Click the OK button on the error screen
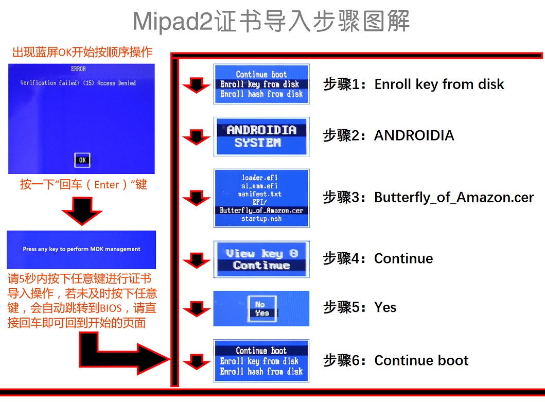82,160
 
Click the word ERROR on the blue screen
78,69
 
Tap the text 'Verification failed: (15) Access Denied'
78,83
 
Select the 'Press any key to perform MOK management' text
81,249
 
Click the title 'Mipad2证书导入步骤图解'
272,22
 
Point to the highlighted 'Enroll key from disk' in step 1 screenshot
261,84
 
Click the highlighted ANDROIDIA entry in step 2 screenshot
261,130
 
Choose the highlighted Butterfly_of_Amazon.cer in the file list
261,211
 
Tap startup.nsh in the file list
261,219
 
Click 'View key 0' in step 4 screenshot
261,253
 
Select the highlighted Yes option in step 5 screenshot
262,313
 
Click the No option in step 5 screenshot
260,304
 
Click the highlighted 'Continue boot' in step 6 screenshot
261,351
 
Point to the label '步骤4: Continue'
378,258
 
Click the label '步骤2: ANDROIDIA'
388,135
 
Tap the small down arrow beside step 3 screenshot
196,198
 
